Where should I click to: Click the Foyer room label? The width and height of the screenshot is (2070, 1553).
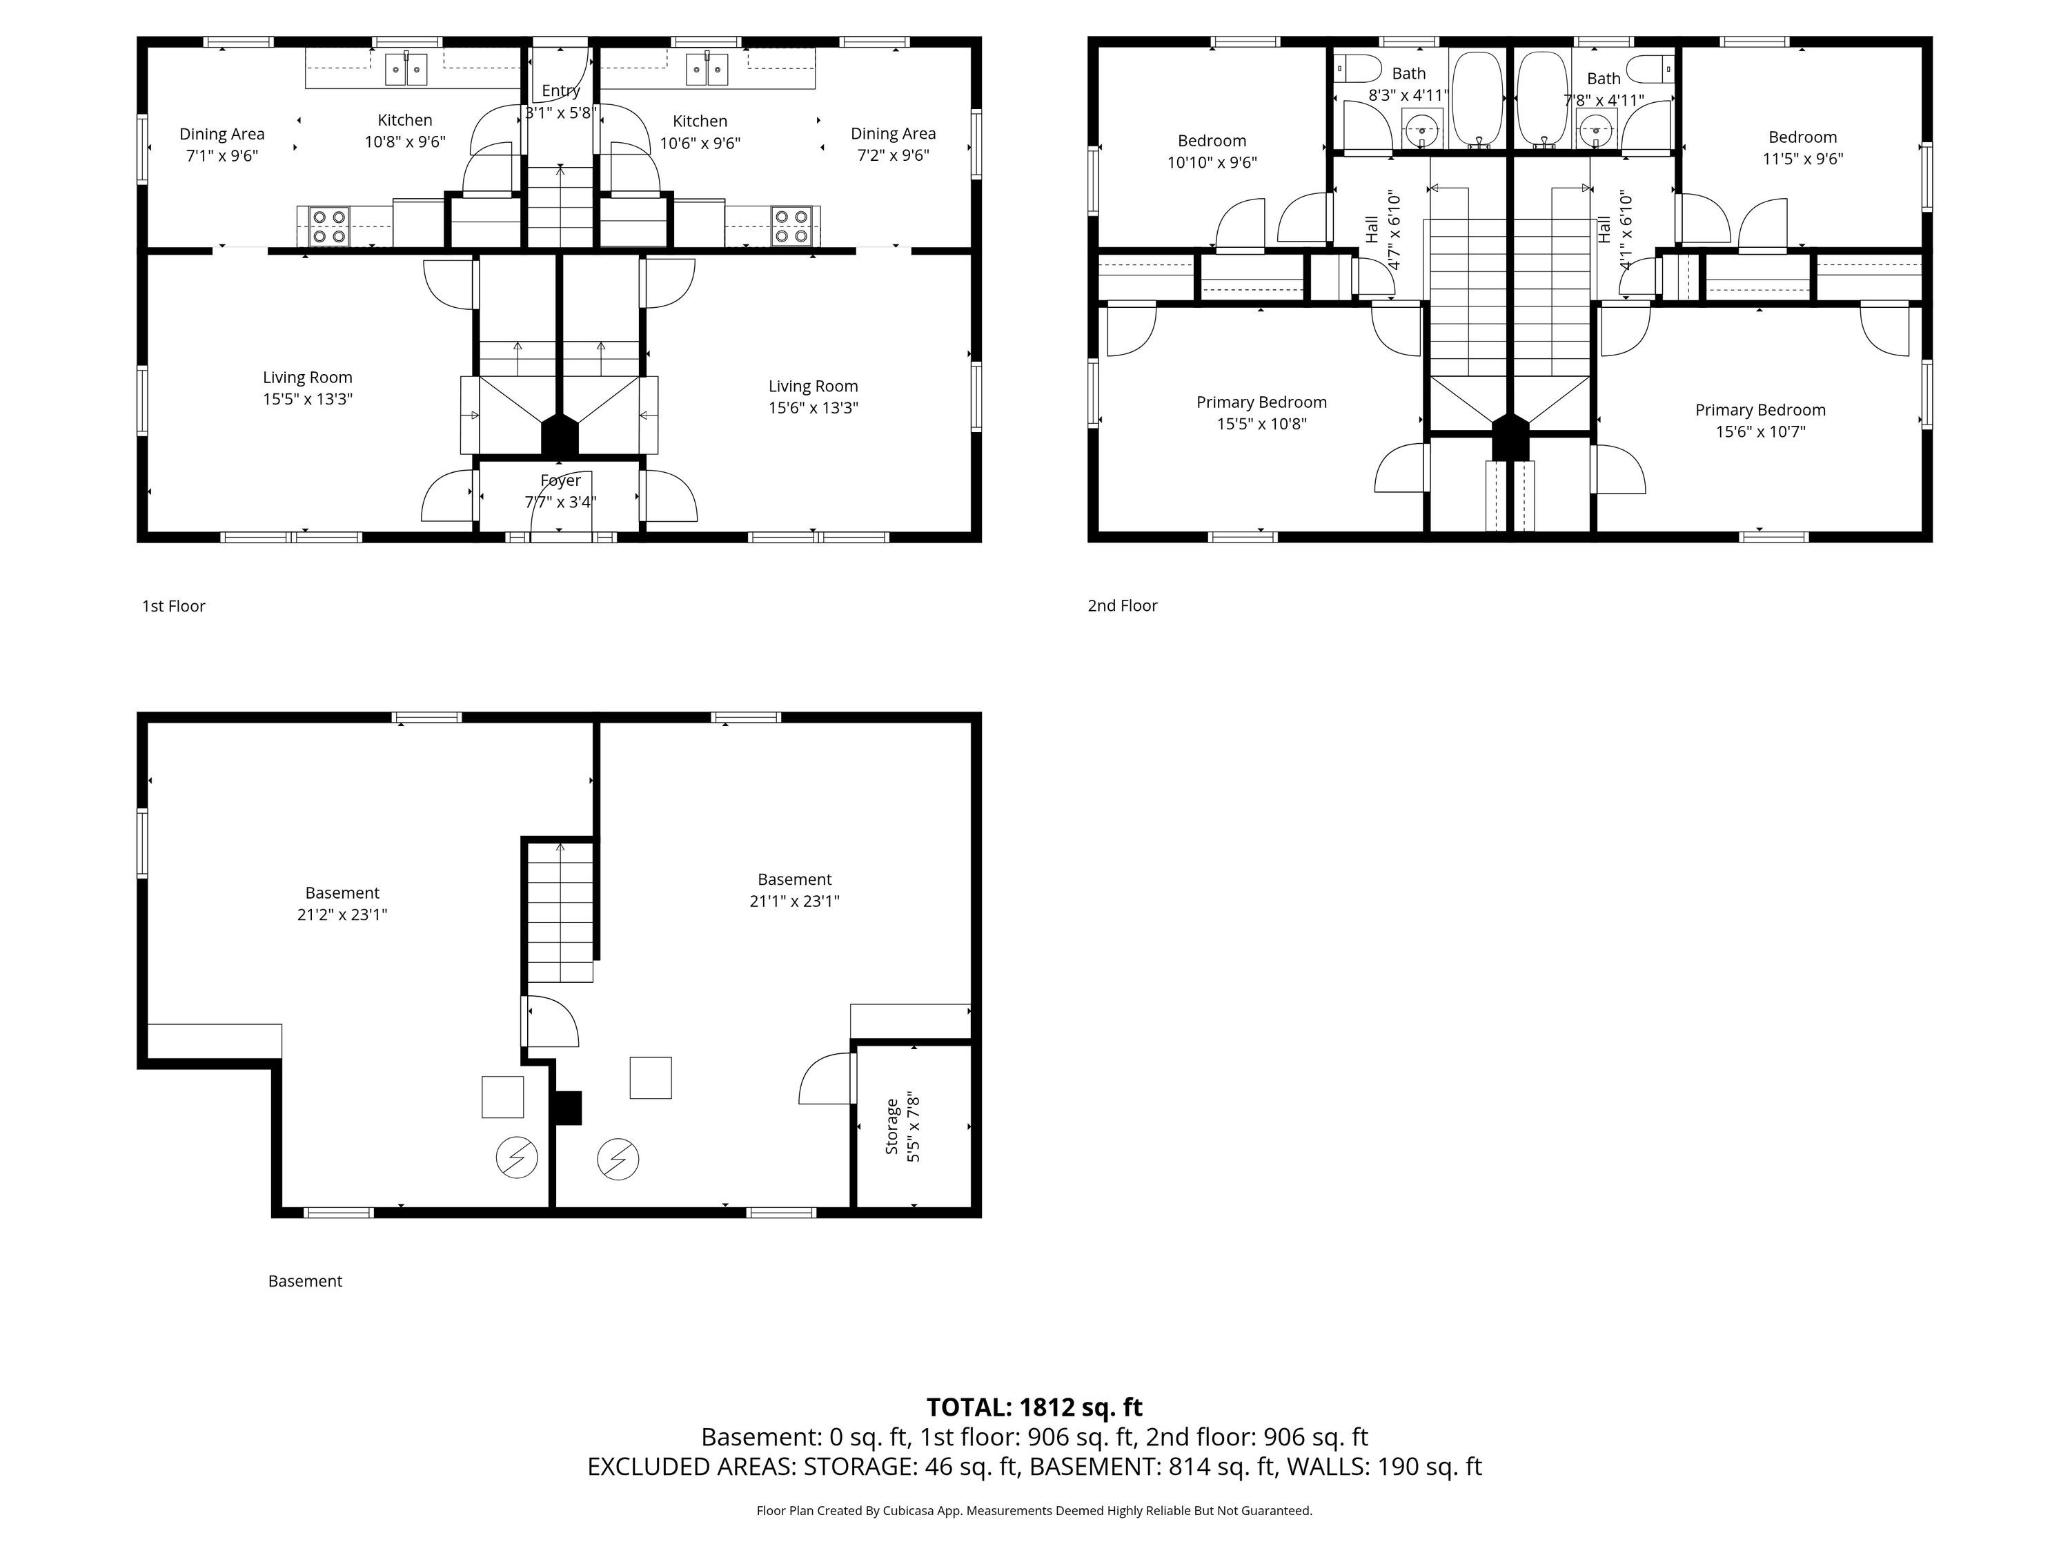tap(560, 480)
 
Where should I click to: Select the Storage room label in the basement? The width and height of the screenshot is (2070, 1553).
tap(891, 1127)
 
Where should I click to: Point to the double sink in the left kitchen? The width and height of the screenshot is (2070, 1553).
tap(406, 69)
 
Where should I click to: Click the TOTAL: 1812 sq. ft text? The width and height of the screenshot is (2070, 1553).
tap(1034, 1407)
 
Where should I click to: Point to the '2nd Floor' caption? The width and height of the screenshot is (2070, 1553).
tap(1122, 605)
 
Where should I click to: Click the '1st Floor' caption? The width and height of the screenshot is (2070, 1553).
tap(173, 605)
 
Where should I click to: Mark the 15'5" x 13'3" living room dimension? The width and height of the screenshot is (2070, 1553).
tap(307, 399)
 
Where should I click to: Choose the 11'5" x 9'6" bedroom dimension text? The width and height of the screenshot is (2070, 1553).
tap(1802, 158)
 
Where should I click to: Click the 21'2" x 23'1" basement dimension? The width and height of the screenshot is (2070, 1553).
tap(342, 915)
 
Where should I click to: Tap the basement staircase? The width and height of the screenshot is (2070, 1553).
tap(560, 912)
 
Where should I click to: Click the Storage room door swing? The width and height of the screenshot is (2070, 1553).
tap(827, 1078)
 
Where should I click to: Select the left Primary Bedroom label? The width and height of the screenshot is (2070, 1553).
tap(1261, 402)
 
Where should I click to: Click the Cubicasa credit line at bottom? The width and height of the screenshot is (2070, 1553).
tap(1034, 1510)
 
